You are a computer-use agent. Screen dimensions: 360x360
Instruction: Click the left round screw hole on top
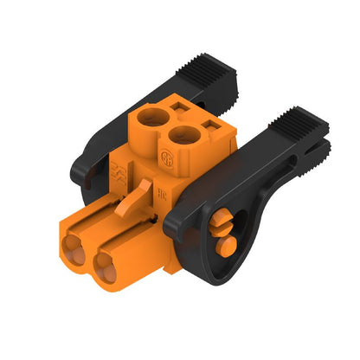point(152,119)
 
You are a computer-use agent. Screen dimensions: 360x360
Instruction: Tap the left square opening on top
point(179,107)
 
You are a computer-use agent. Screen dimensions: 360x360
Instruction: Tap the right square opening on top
point(209,127)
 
